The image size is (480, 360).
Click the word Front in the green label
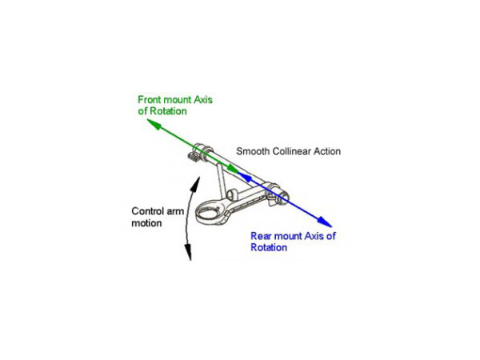point(149,99)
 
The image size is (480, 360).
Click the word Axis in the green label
point(203,99)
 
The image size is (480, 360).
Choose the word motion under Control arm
point(146,223)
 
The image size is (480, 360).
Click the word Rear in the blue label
point(261,236)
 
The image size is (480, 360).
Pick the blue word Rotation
point(269,247)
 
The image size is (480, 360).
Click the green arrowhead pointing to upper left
point(154,124)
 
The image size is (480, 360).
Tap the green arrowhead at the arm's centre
point(234,170)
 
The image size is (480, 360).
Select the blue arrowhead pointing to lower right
point(325,222)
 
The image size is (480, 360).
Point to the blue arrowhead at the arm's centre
point(245,177)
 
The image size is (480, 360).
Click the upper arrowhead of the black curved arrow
point(196,184)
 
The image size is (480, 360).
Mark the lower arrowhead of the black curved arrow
point(188,252)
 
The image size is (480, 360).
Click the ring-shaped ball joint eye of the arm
point(209,211)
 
